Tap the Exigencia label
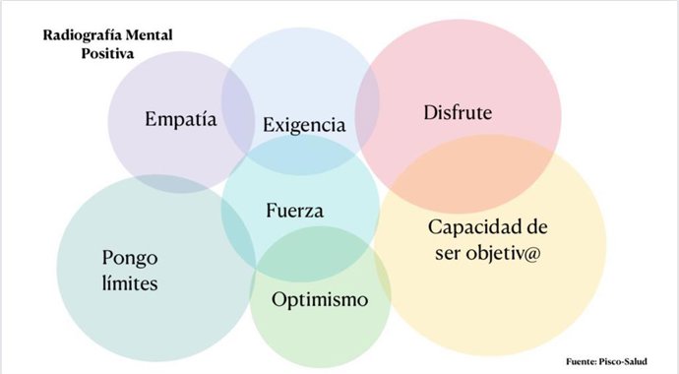click(304, 126)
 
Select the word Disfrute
click(458, 114)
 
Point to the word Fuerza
click(295, 211)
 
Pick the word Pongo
click(129, 260)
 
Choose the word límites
click(130, 284)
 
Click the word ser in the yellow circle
click(445, 253)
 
